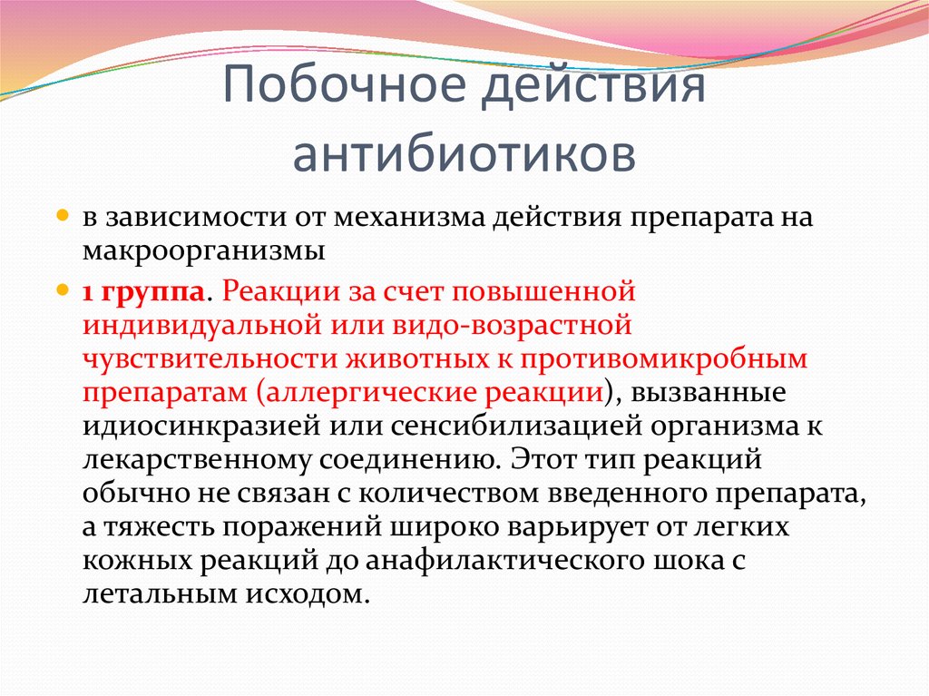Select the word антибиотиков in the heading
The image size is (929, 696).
[x=464, y=155]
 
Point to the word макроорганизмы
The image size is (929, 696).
[x=204, y=251]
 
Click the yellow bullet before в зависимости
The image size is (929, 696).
[x=63, y=215]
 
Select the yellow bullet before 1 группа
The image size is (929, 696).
[x=63, y=290]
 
